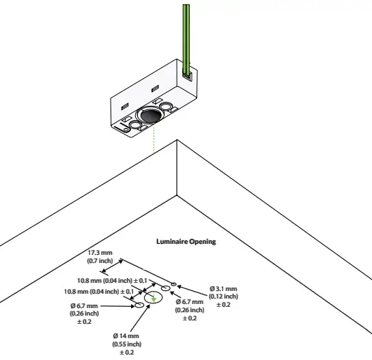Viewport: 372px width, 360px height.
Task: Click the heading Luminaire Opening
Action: coord(186,241)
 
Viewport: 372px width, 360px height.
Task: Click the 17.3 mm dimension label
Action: coord(100,253)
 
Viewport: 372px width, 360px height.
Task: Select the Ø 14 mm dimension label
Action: coord(126,336)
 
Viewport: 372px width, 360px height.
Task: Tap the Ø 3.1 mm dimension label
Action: coord(223,288)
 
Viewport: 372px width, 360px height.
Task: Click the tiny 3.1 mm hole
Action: coord(174,283)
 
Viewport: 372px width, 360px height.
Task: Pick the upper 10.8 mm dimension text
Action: coord(112,280)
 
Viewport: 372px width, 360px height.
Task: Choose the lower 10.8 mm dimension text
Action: coord(99,292)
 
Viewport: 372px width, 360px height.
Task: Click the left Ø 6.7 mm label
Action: coord(84,305)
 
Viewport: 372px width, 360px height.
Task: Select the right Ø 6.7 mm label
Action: coord(189,301)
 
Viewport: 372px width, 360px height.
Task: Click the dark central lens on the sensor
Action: coord(149,115)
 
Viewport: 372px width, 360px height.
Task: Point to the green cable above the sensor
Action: coord(186,34)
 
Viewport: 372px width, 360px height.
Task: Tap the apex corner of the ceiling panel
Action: coord(177,141)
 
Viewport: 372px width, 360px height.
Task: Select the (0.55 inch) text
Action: coord(126,344)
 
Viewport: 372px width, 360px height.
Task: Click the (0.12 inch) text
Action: coord(223,296)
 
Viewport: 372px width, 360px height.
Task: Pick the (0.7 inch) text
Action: coord(100,261)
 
